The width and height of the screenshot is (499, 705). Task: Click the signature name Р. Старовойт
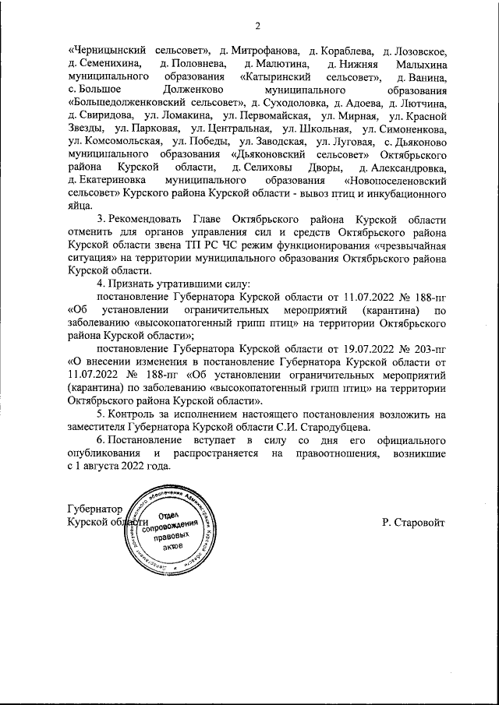414,520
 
